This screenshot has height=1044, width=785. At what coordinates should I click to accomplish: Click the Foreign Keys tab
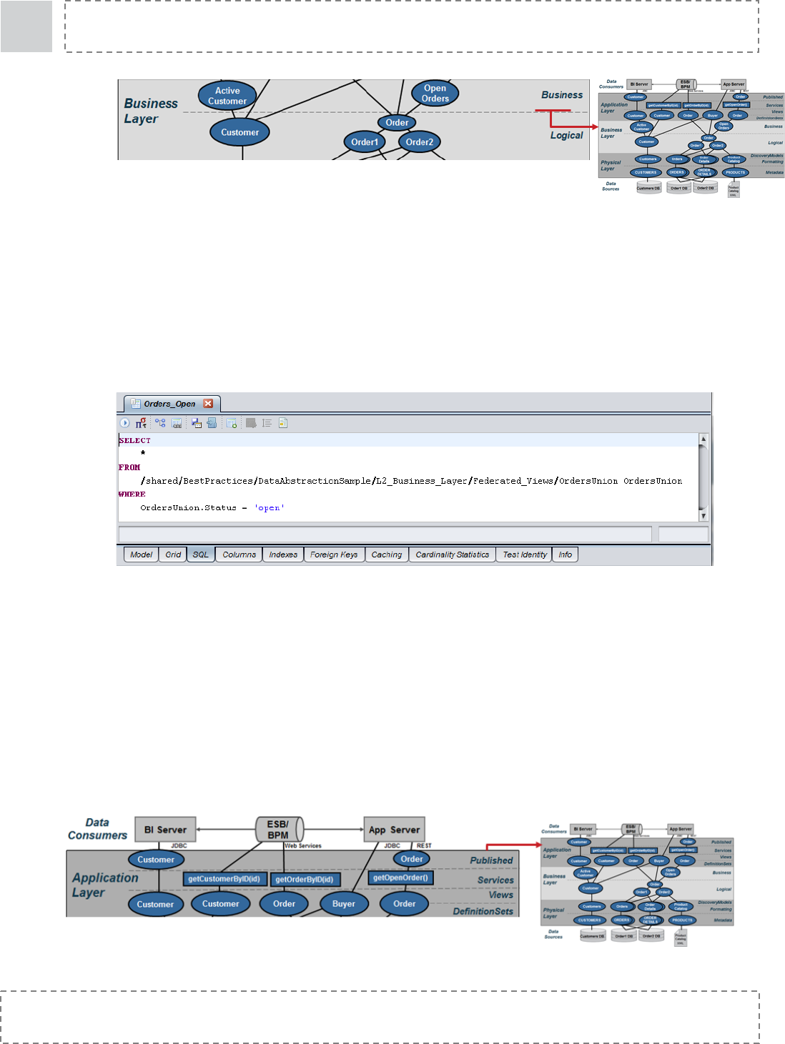coord(334,555)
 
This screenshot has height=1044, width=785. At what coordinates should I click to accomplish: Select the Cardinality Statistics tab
coord(452,555)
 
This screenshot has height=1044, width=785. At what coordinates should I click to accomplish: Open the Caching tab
coord(386,555)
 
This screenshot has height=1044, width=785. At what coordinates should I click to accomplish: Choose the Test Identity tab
coord(524,555)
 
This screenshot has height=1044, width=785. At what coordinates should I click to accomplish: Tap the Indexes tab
coord(283,555)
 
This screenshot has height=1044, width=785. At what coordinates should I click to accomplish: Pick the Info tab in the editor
coord(565,555)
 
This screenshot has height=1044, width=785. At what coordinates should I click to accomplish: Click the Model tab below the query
coord(141,555)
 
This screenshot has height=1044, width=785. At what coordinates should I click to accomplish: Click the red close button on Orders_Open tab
coord(208,404)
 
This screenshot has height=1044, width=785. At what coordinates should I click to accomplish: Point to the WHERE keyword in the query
coord(132,494)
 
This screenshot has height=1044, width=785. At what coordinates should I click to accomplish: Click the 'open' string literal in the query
coord(270,508)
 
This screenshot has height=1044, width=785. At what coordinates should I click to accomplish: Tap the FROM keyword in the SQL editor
coord(129,467)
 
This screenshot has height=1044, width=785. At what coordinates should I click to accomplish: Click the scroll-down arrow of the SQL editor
coord(703,515)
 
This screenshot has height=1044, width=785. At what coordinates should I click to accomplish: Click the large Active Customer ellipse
coord(227,96)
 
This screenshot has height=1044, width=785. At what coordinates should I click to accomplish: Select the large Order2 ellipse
coord(420,142)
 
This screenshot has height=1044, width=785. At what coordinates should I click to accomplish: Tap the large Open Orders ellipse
coord(435,94)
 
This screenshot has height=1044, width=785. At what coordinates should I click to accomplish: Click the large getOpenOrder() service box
coord(400,878)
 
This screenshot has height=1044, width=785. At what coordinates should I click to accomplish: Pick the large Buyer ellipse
coord(344,904)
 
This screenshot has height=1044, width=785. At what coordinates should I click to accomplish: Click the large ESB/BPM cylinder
coord(279,830)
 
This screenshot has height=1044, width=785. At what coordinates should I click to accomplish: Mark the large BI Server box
coord(165,830)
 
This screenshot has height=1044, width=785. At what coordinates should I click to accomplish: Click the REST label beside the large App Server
coord(424,846)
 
